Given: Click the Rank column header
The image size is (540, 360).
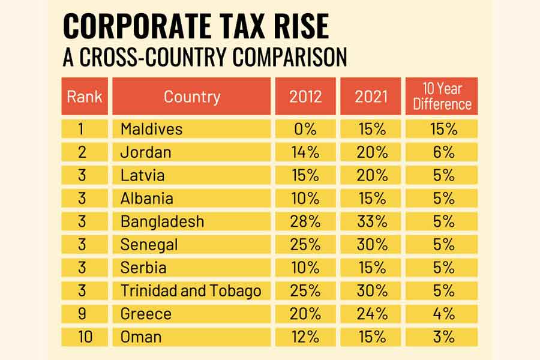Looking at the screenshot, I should coord(85,96).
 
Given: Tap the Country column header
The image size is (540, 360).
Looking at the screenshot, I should coord(191,96).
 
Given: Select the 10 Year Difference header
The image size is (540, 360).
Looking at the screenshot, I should coord(442,96).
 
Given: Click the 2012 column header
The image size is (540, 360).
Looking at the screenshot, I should coord(305,96).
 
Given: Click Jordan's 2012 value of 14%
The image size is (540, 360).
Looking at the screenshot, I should coord(305,152).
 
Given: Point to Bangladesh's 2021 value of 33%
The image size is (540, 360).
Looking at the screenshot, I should coord(371,221).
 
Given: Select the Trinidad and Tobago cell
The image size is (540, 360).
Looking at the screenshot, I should coord(191,291).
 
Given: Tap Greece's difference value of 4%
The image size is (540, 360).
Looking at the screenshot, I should coord(442,314).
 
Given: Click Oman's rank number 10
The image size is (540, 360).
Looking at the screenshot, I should coord(85,337).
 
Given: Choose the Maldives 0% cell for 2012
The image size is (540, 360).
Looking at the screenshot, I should coord(305,129).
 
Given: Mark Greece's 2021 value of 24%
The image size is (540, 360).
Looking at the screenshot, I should coord(371,314).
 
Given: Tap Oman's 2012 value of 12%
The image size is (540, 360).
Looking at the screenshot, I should coord(305,337).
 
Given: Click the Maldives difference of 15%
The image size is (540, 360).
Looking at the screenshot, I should coord(442,129).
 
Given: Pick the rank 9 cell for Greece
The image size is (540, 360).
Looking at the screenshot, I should coord(85,314).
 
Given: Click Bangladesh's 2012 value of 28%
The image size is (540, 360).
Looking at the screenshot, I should coord(305,221).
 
